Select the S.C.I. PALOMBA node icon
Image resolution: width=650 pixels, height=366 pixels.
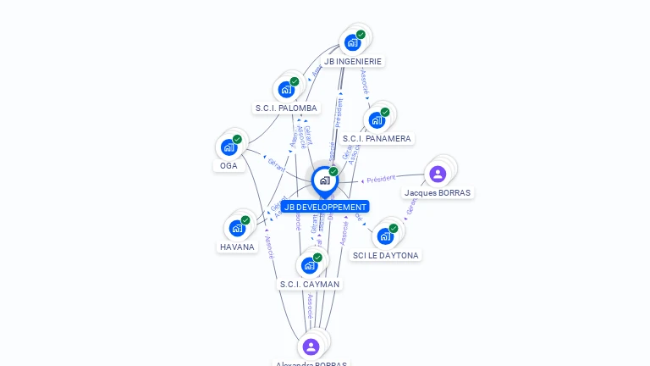pos(287,89)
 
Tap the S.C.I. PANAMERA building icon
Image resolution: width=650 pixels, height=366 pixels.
pos(377,119)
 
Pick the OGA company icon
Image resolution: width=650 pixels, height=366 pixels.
pos(229,147)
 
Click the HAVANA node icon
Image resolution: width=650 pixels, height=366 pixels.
pos(238,228)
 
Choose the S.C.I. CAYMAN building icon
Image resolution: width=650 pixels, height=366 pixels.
pos(310,265)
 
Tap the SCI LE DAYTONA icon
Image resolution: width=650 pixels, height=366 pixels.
pos(386,236)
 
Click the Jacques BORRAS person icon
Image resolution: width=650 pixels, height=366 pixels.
pos(438,174)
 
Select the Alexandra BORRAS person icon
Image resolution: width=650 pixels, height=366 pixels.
pos(311,347)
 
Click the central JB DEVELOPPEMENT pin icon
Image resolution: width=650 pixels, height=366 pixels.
pos(324,180)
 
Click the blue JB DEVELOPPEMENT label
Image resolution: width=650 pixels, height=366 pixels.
pos(325,207)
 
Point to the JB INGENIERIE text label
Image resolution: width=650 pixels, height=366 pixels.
pos(353,62)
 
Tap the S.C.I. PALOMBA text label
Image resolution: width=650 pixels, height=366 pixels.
pos(286,108)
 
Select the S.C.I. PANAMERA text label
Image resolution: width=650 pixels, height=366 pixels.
pos(377,138)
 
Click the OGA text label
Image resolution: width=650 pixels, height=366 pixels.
pos(229,166)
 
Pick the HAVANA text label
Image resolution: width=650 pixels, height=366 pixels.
pos(237,247)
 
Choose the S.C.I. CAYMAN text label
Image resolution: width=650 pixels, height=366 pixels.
pos(310,285)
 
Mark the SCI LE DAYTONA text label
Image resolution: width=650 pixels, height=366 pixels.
pos(386,255)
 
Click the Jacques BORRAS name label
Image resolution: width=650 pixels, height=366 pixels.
pos(438,193)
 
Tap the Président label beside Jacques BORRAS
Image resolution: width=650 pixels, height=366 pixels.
pos(381,179)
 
